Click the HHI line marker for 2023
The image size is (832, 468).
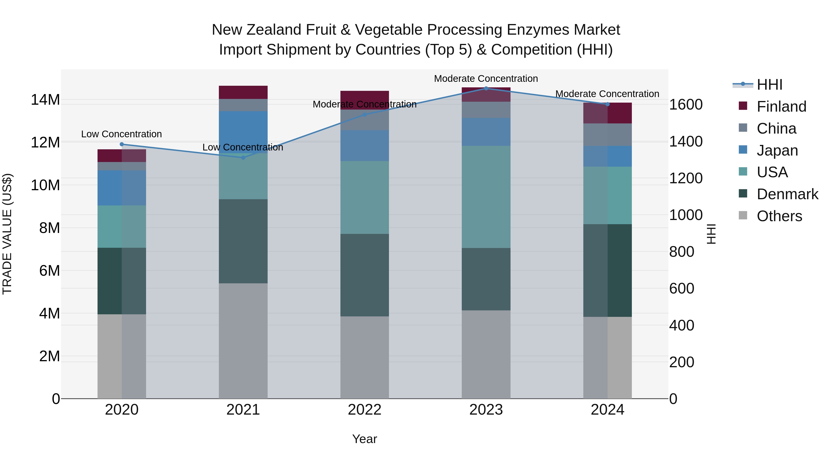[x=486, y=88]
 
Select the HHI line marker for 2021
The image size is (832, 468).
[x=243, y=158]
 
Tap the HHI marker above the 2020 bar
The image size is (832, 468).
[x=122, y=144]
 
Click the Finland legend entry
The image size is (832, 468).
[x=781, y=107]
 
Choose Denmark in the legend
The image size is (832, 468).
[x=787, y=194]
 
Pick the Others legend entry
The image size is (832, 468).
[x=779, y=216]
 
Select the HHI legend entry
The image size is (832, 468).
[x=769, y=85]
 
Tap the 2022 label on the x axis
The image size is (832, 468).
[x=365, y=410]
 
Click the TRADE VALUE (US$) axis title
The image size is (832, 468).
[x=7, y=234]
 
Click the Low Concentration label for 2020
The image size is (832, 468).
[x=121, y=134]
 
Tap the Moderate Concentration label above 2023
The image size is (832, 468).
[x=486, y=79]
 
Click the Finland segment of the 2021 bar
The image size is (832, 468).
[x=243, y=92]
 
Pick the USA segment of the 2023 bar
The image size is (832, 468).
[x=486, y=197]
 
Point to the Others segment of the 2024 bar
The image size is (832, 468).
[x=607, y=358]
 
